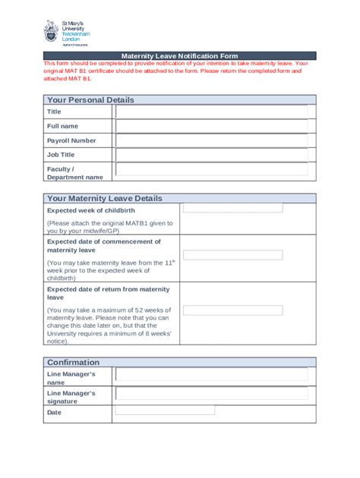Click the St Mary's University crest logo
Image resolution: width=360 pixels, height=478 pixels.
click(x=50, y=32)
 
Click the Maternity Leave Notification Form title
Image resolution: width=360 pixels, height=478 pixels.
click(x=179, y=56)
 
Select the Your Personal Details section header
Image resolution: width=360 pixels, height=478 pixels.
click(x=90, y=99)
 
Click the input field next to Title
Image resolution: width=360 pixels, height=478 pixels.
click(x=212, y=112)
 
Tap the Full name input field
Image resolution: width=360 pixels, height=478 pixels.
click(x=212, y=126)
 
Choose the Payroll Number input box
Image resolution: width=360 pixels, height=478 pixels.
click(x=212, y=140)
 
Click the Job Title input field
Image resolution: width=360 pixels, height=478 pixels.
click(x=212, y=155)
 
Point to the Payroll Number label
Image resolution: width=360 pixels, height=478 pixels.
click(x=71, y=140)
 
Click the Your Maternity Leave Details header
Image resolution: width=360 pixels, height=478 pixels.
click(x=105, y=198)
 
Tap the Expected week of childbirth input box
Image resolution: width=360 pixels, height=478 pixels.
click(x=233, y=207)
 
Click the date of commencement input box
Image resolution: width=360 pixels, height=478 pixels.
click(x=233, y=255)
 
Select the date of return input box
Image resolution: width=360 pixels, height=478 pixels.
click(x=233, y=310)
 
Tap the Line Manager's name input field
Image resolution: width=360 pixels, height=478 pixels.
click(x=212, y=375)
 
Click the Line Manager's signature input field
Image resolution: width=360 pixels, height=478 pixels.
click(x=212, y=394)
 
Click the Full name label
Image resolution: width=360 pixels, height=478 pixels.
click(x=62, y=126)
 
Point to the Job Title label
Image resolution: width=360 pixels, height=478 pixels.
click(x=61, y=155)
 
